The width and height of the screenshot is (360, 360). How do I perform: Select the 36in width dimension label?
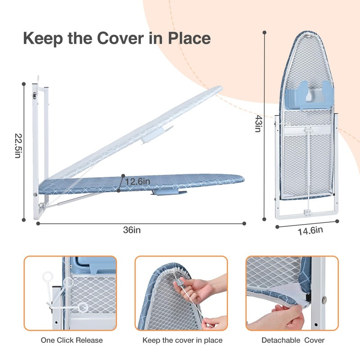coord(132,230)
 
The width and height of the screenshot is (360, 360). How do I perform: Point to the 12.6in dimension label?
coord(137,181)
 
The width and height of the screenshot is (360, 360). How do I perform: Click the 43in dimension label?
coord(257,123)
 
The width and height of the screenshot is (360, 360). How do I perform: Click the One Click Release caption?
coord(72,340)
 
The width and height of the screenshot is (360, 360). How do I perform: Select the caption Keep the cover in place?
coord(182,340)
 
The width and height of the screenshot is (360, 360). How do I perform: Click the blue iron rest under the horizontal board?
coord(170,193)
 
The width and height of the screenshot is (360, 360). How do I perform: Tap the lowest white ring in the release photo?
coord(83,307)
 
